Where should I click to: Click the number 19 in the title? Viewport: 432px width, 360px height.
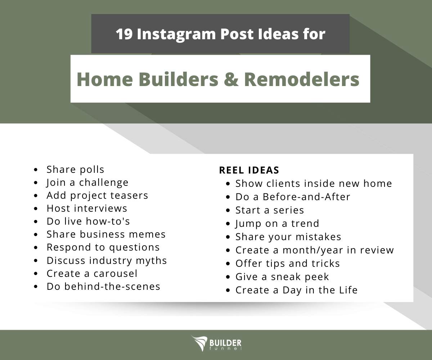[124, 34]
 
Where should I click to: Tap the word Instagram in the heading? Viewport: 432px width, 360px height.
[176, 34]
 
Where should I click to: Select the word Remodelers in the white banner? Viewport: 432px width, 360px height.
[301, 79]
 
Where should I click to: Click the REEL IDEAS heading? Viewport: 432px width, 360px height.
[249, 170]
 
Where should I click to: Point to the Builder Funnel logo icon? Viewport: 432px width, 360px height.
[199, 343]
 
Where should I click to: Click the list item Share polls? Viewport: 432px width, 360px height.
[75, 170]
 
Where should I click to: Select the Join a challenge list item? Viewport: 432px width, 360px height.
[87, 183]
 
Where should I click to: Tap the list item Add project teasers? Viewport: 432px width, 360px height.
[97, 195]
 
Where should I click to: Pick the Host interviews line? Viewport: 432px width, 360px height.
[87, 208]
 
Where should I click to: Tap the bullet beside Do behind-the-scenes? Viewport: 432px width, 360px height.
[36, 287]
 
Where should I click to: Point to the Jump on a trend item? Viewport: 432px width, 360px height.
[277, 224]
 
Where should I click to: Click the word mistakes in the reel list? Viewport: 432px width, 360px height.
[318, 237]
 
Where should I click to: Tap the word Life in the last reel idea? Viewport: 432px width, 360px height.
[346, 290]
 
